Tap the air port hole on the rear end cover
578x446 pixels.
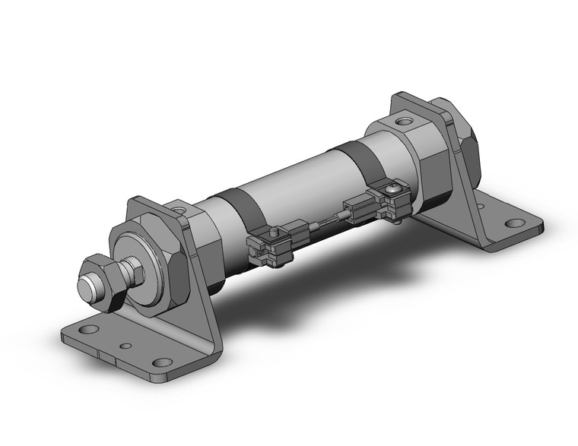pyautogui.click(x=405, y=120)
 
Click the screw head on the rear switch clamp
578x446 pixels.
pyautogui.click(x=394, y=184)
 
